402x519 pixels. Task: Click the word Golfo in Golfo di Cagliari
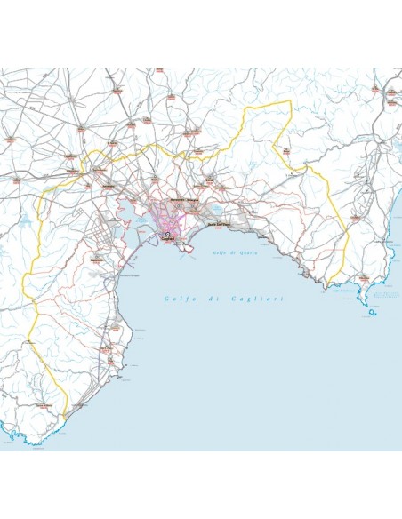(176, 298)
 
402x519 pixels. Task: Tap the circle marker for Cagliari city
(166, 234)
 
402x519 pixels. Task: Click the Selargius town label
(197, 201)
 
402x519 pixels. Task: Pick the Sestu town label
(156, 178)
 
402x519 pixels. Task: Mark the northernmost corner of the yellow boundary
(288, 102)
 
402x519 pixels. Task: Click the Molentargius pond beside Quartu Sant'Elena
(215, 211)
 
